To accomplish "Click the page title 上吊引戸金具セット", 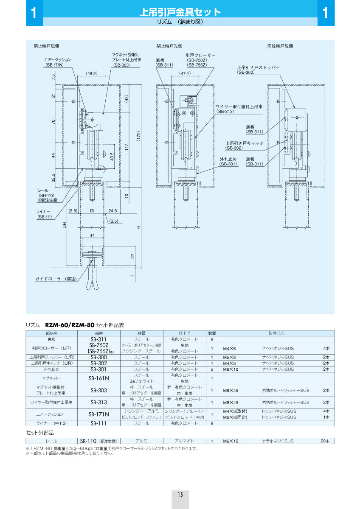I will pos(180,12).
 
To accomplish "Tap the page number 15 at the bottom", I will pos(180,495).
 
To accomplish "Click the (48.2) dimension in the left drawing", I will pos(92,73).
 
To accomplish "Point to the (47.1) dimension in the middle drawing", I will pos(185,73).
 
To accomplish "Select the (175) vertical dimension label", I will pos(138,134).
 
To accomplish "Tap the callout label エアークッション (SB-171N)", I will pos(58,62).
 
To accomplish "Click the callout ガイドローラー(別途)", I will pos(56,279).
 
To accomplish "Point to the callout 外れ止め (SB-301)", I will pos(228,161).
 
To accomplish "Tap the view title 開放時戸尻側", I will pos(280,46).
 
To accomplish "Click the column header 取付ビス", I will pos(276,333).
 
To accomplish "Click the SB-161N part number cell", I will pos(98,378).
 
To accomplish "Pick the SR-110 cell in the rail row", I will pos(98,441).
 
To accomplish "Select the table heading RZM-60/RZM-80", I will pos(69,325).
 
